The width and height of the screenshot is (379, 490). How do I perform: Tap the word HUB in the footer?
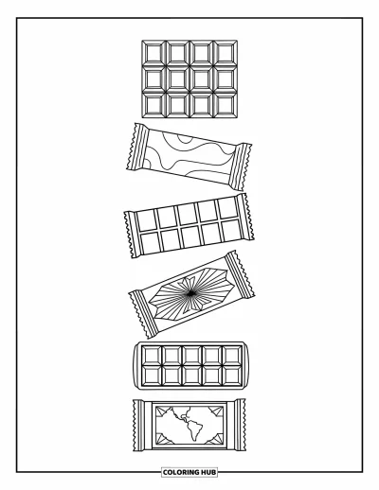tap(208, 472)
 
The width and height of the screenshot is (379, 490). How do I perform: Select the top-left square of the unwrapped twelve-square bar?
tap(153, 52)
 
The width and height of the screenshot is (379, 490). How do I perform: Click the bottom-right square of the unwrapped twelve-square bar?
tap(226, 105)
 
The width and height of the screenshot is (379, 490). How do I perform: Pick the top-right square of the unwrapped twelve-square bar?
tap(226, 52)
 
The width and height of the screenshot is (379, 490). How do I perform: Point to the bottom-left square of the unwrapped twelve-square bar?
tap(153, 105)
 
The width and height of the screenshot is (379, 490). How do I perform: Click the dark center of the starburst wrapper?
tap(190, 294)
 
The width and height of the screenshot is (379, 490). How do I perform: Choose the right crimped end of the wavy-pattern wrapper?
tap(241, 166)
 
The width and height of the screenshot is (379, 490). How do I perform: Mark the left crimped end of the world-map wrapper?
tap(139, 425)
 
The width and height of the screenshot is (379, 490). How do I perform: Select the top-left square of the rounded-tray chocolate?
tap(152, 356)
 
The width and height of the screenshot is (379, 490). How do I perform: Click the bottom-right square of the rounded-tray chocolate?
tap(232, 376)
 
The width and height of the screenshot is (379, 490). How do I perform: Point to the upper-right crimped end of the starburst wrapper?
tap(241, 275)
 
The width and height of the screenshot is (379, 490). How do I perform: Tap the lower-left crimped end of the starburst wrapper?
tap(143, 314)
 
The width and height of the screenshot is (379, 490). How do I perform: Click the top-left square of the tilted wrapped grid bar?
tap(146, 220)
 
